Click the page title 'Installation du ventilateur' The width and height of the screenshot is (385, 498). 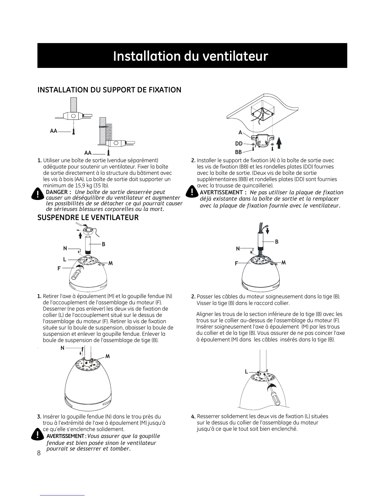coord(190,56)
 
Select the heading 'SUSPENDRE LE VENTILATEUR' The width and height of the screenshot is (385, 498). coord(88,218)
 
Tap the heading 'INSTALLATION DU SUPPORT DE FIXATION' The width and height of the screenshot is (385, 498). coord(109,90)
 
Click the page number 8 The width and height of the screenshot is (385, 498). coord(39,453)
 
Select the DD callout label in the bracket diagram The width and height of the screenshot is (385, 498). coord(239,144)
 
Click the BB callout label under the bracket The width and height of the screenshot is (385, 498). coord(238,152)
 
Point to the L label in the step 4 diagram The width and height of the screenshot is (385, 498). coord(247,372)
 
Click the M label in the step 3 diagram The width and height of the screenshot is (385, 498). coord(108,356)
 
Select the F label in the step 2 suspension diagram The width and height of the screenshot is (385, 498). coord(236,263)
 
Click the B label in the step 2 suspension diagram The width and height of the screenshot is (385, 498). coord(277,242)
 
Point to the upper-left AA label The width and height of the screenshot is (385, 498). coord(53,131)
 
